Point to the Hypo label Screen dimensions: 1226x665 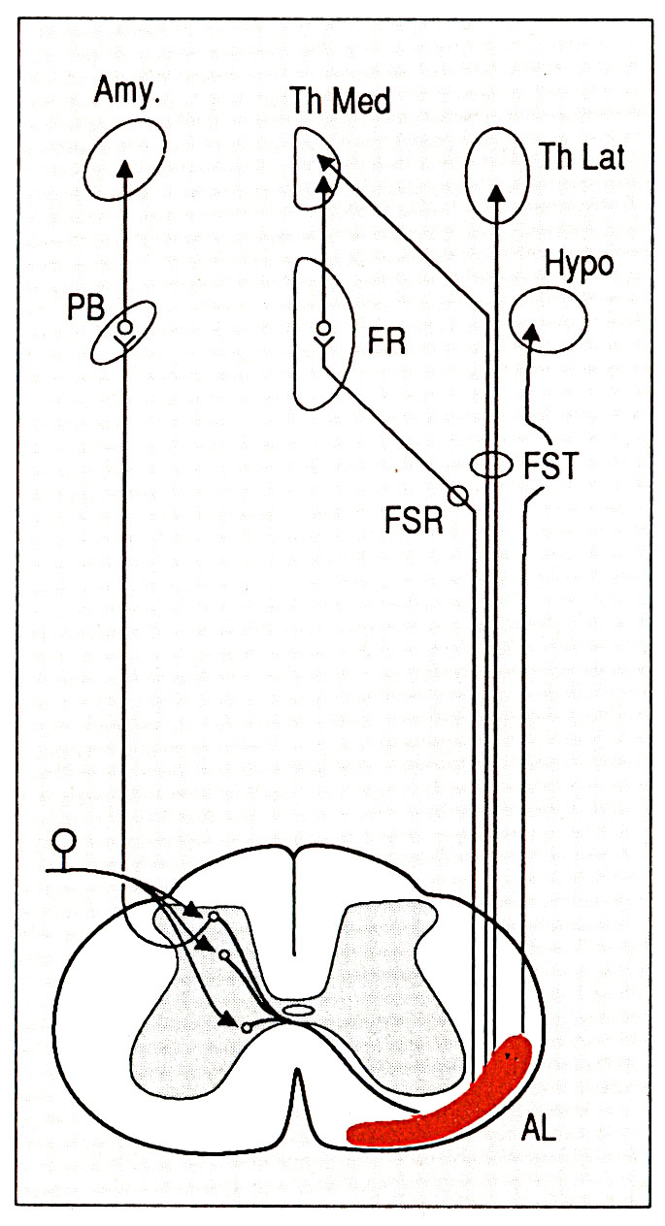(580, 264)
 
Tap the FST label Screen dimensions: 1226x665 (550, 468)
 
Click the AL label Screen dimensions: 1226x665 (539, 1128)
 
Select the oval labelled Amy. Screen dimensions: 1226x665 (123, 172)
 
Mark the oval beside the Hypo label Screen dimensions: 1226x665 (548, 321)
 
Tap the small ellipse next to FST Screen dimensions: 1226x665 (492, 466)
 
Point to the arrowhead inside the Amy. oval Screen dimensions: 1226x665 (124, 168)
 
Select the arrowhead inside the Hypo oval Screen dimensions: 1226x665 (530, 332)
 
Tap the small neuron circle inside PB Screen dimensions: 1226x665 (124, 327)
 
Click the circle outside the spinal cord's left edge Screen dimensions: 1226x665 (64, 840)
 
